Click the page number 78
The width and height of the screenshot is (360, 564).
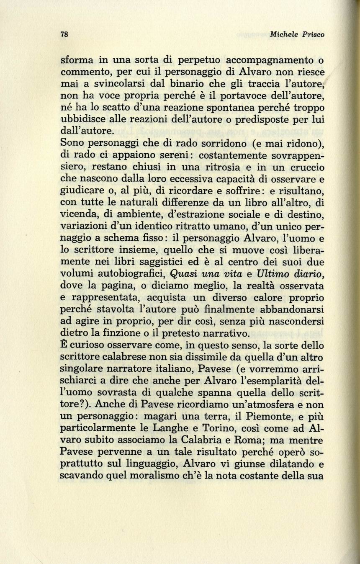pos(64,35)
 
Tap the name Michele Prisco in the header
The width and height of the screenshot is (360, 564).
pos(297,35)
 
